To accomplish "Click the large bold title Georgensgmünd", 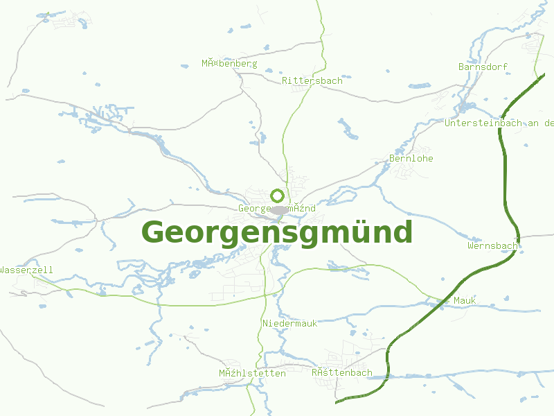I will (277, 232).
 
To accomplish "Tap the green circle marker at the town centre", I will (277, 196).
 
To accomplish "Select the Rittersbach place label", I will (312, 81).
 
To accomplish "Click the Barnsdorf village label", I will (483, 67).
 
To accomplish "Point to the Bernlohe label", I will (411, 159).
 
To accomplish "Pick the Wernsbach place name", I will (492, 246).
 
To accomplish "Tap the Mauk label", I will (464, 300).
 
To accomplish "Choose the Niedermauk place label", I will (289, 324).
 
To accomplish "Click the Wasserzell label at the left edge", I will (26, 270).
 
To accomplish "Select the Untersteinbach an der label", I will (499, 123).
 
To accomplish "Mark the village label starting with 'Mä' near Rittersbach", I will (229, 64).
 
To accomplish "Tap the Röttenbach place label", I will (341, 373).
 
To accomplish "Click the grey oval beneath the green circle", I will (279, 210).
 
